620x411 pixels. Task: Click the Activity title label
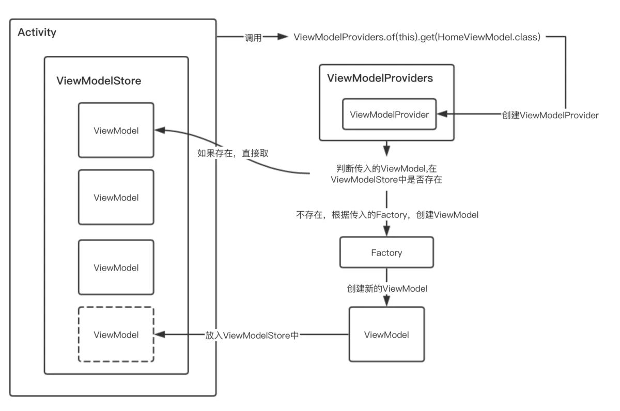tap(37, 33)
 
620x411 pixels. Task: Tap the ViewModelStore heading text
tap(99, 81)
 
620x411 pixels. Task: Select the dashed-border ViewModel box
tap(116, 335)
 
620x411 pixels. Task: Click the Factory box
tap(386, 252)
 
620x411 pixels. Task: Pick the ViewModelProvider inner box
tap(390, 115)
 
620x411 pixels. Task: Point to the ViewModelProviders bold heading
tap(380, 78)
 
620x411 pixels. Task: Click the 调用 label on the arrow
tap(253, 38)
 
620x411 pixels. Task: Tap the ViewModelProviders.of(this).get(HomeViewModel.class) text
tap(417, 37)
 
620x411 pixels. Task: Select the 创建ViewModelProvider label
tap(550, 115)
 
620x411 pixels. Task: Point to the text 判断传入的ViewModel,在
tap(386, 169)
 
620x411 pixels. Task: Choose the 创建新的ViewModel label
tap(387, 289)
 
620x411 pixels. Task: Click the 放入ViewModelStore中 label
tap(252, 335)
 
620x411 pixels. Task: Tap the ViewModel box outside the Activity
tap(386, 335)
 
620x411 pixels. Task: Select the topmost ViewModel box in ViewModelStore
tap(116, 130)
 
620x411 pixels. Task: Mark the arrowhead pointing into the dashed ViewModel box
tap(160, 335)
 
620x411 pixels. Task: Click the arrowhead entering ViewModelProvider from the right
tap(442, 115)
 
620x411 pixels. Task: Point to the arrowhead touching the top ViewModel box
tap(160, 131)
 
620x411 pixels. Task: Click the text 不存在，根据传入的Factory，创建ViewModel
tap(387, 215)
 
